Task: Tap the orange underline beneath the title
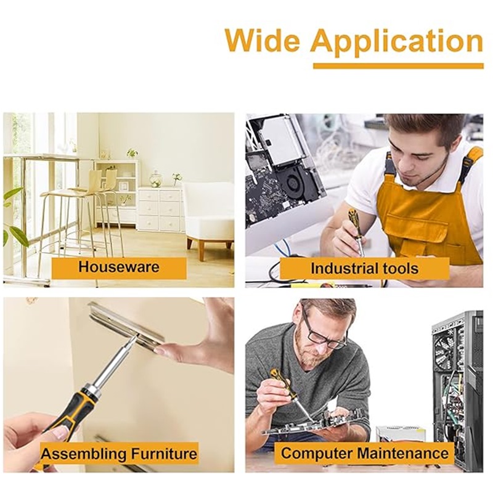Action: tap(398, 66)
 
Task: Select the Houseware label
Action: tap(119, 267)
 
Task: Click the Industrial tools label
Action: tap(364, 268)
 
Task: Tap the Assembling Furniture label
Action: tap(119, 454)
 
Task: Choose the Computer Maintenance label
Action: tap(364, 453)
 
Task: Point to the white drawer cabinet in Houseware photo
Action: tap(160, 208)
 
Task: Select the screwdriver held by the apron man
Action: tap(356, 232)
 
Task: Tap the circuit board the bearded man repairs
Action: tap(314, 423)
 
